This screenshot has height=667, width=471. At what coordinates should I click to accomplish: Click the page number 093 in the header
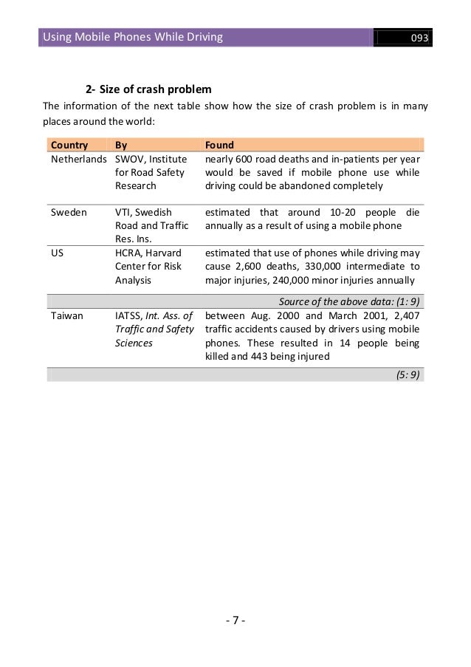coord(421,38)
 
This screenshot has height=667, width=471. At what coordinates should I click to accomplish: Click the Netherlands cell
coord(78,159)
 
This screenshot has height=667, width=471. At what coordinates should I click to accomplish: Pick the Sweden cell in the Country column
coord(68,211)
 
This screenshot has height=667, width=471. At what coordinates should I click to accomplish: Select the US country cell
coord(56,251)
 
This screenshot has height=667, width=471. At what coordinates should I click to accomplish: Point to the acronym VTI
coord(123,211)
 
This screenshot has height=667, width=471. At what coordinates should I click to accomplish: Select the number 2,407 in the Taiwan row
coord(405,315)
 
